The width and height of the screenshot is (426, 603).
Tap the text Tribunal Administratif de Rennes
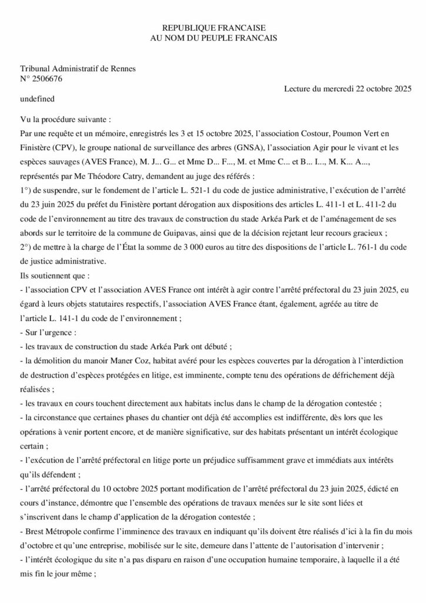point(78,68)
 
